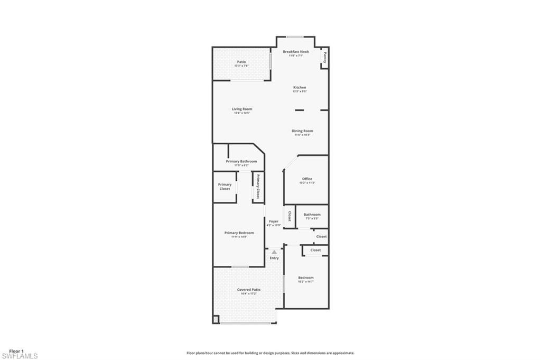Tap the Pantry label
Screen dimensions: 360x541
point(324,58)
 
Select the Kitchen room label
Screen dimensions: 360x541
point(300,87)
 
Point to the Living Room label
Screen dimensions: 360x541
point(242,109)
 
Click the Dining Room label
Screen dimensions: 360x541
point(302,131)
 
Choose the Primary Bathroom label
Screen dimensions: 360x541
point(241,161)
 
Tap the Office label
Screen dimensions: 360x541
point(307,179)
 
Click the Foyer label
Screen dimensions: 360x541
point(274,221)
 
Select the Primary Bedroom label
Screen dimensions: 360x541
point(239,233)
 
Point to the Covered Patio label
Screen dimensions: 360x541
point(248,289)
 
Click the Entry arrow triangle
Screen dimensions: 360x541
point(274,252)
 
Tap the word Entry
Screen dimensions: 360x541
point(274,258)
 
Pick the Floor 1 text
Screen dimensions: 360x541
point(16,351)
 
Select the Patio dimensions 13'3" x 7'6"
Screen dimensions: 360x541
point(241,66)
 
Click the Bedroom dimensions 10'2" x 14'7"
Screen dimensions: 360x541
point(306,282)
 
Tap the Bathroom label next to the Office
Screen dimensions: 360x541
point(312,214)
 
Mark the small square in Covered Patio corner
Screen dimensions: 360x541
point(216,319)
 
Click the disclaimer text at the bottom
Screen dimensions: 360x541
point(270,353)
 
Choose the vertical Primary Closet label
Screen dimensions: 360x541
point(258,186)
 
